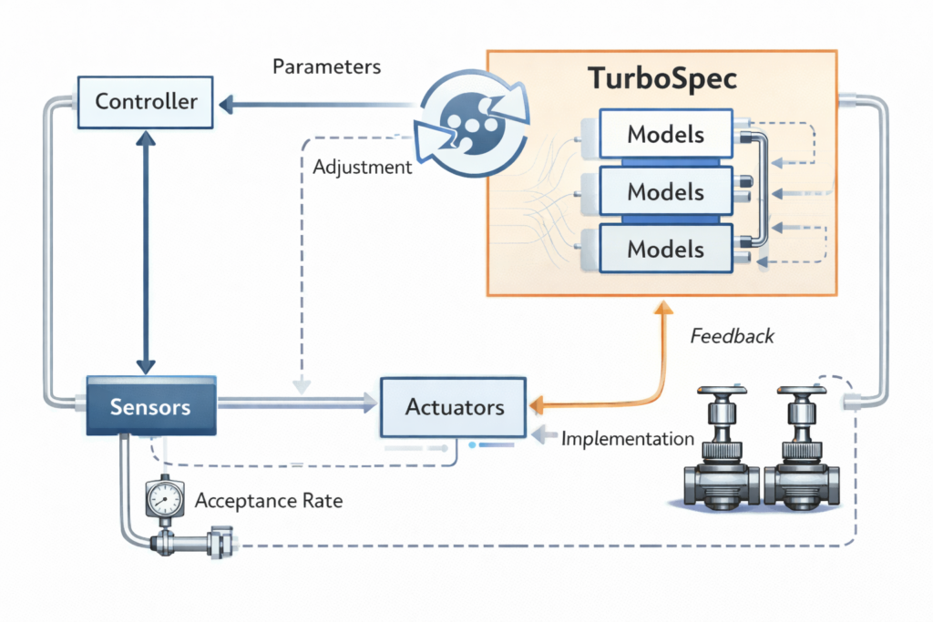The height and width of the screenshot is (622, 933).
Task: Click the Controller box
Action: (x=147, y=101)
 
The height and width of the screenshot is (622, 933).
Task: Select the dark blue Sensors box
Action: (x=150, y=405)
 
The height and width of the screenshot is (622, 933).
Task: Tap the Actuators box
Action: (x=453, y=407)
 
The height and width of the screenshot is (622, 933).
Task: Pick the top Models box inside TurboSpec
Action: (x=665, y=135)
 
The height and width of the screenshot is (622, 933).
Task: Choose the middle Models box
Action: (x=665, y=192)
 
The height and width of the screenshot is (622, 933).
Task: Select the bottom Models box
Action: (x=665, y=249)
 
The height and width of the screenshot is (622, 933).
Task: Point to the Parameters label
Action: (x=326, y=67)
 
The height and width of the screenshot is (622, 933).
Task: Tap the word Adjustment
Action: (x=362, y=168)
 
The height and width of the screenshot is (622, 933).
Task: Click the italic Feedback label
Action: (x=732, y=336)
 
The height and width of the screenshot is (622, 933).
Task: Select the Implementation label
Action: (x=628, y=439)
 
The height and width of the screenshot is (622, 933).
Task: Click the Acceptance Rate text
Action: (x=269, y=500)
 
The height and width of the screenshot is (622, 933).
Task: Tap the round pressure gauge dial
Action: (x=162, y=498)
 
